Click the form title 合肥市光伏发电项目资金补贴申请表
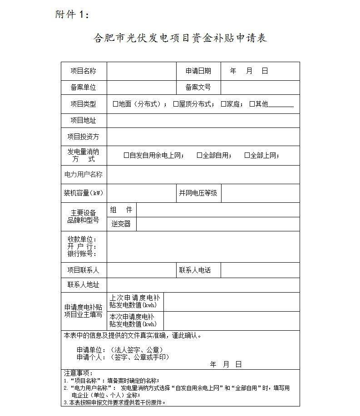point(180,38)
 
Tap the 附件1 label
point(72,15)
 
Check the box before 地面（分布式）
point(115,104)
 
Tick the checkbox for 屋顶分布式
point(176,104)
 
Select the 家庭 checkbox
point(223,104)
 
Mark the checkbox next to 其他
point(252,104)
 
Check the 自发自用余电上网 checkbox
point(126,155)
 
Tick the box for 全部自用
point(199,155)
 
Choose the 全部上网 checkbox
point(247,155)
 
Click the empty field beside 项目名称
point(141,71)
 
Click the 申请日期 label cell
point(198,71)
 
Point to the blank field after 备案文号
point(260,88)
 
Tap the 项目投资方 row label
point(84,137)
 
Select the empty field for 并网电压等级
point(260,193)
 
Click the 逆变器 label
point(121,224)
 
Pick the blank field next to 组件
point(218,210)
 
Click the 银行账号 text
point(82,254)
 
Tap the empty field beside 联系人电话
point(260,270)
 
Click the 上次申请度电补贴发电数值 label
point(135,302)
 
